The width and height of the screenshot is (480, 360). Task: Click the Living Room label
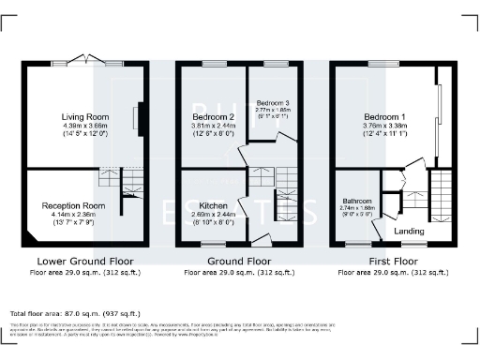pos(79,117)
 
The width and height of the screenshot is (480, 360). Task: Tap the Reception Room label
pos(71,204)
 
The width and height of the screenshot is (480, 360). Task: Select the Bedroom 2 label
pos(205,117)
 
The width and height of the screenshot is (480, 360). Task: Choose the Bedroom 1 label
pos(384,117)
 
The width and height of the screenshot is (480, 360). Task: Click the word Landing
pos(408,231)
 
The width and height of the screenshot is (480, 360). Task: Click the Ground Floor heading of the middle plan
pos(239,262)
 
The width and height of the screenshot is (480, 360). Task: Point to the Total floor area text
pos(75,312)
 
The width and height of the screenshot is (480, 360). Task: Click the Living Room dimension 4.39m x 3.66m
pos(79,126)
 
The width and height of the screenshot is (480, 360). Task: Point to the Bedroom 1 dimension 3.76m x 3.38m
pos(384,126)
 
